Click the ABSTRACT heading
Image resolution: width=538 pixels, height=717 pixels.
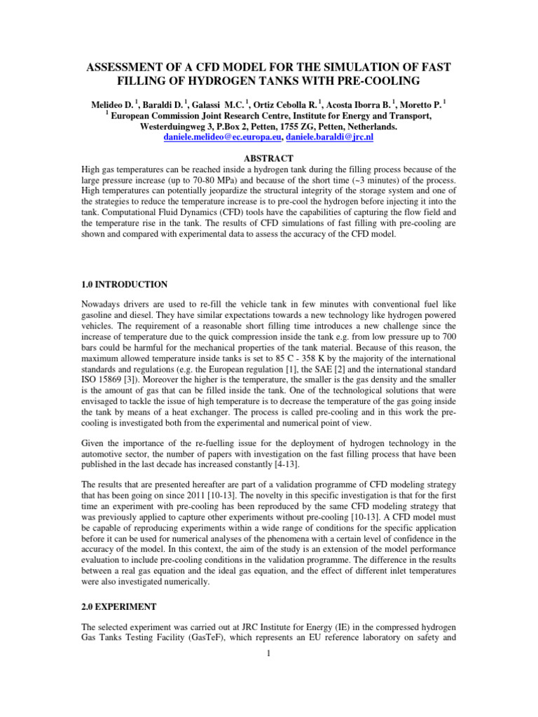268,158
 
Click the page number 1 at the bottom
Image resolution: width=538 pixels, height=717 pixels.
269,654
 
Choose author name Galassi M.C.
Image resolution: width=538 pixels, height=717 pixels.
200,103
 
